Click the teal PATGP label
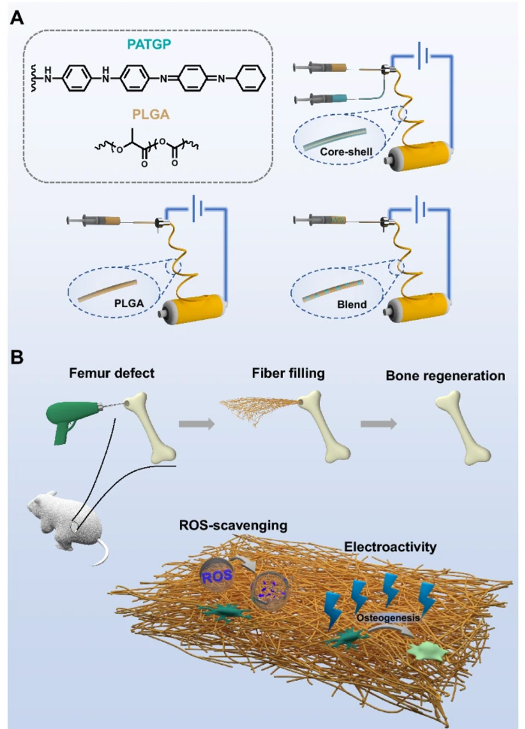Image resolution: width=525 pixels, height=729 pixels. pos(149,45)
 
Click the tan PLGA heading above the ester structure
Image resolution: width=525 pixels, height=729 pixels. pos(151,114)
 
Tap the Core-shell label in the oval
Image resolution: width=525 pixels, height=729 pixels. pos(346,152)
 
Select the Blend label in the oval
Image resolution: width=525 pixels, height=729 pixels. pos(352,304)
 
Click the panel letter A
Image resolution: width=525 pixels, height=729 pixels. pos(17,18)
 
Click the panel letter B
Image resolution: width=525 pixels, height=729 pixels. pos(17,357)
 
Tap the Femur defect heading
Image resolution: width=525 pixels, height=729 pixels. pos(112,373)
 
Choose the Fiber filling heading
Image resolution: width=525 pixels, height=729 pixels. pos(288,373)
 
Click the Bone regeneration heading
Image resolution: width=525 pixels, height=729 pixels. pos(445,376)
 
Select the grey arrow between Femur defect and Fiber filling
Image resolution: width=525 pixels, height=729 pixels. pos(196,424)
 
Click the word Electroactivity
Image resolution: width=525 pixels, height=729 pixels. pos(390,547)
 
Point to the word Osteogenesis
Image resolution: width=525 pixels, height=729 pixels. pos(388,617)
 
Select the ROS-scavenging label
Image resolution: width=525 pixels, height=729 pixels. pos(233,525)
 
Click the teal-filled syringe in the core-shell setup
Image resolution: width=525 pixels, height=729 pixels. pos(324,99)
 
